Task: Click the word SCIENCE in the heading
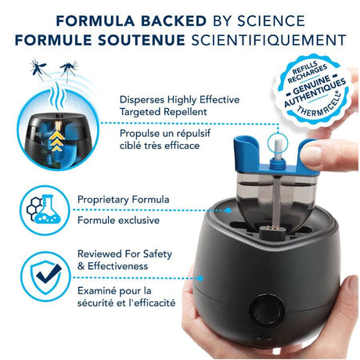coord(271,21)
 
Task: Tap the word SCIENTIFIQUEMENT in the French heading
coord(268,40)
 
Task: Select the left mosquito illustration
coord(39,69)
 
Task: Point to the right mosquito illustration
coord(69,69)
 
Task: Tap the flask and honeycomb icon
coord(44,210)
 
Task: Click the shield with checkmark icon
coord(45,276)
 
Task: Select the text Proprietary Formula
coord(124,200)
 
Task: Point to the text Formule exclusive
coord(118,220)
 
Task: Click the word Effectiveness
coord(118,266)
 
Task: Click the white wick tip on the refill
coord(278,148)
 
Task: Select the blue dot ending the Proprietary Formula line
coord(229,210)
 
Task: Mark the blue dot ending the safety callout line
coord(200,279)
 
